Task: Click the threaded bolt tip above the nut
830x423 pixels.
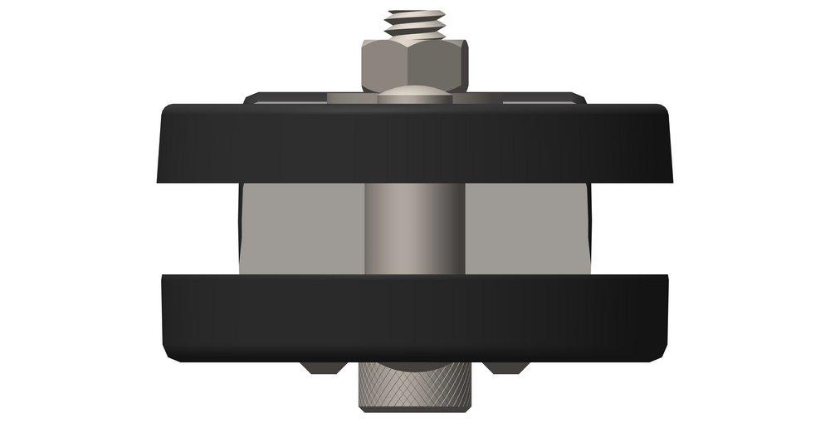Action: tap(414, 23)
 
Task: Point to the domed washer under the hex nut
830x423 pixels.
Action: tap(414, 97)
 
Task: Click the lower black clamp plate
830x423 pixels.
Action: tap(414, 316)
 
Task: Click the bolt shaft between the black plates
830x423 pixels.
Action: tap(414, 229)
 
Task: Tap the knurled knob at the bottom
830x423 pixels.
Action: tap(414, 386)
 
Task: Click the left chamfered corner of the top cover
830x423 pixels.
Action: tap(250, 98)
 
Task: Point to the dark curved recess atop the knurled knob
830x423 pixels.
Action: tap(414, 366)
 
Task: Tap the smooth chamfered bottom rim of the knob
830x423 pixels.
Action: tap(414, 407)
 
